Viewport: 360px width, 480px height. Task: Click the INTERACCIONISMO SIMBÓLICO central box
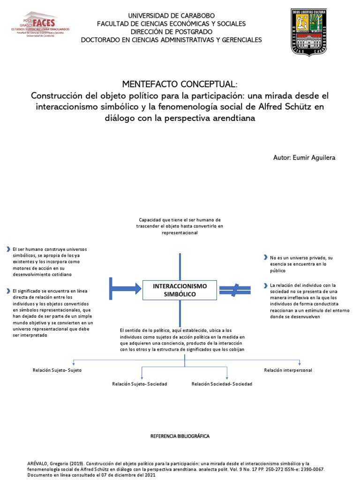(180, 290)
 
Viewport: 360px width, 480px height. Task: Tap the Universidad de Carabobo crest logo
(308, 33)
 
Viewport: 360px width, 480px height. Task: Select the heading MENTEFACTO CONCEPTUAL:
(180, 84)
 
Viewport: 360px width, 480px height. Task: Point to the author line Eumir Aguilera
(304, 157)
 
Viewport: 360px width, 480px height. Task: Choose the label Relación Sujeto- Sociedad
(140, 384)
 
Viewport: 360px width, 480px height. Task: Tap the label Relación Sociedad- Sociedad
(222, 384)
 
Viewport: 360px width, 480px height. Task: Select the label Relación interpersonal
(288, 370)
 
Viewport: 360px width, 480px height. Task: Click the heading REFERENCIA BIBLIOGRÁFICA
(180, 436)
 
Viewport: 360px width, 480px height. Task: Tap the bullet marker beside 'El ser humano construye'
(8, 249)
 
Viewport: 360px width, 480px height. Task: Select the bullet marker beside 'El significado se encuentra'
(8, 291)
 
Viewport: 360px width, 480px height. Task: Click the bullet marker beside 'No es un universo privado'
(265, 258)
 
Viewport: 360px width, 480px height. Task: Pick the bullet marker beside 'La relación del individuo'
(265, 285)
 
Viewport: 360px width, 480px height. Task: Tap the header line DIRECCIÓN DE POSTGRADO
(171, 31)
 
